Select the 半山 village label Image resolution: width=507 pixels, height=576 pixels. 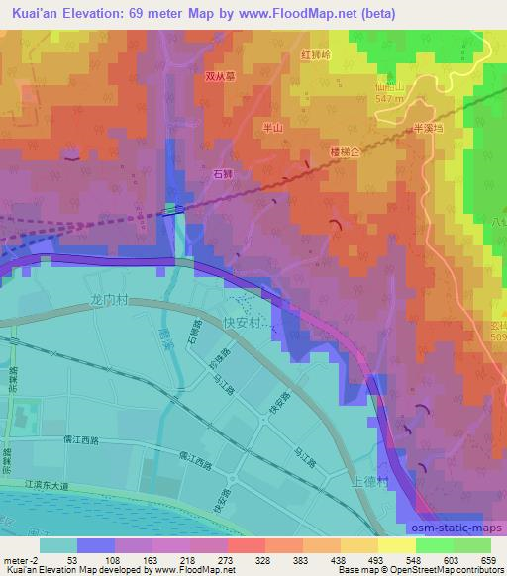tap(271, 128)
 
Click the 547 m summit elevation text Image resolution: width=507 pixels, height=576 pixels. tap(392, 99)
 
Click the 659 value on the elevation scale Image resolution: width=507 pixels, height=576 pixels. tap(489, 559)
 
